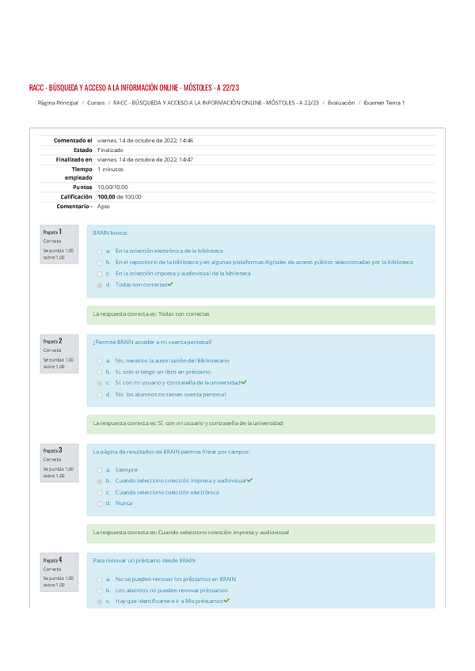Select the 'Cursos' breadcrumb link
pos(96,103)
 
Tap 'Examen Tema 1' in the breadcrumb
pos(384,103)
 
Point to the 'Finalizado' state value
pos(110,150)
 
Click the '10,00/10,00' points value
pos(112,187)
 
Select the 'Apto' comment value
pos(104,206)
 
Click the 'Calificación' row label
pos(73,196)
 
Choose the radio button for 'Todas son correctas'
pos(99,285)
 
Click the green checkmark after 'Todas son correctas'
pos(170,284)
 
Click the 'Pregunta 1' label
pos(53,233)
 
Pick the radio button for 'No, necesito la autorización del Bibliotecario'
pos(99,360)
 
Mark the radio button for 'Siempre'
pos(99,470)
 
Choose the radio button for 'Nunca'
pos(99,503)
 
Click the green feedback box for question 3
pos(260,533)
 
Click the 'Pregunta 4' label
pos(53,560)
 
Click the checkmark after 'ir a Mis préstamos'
pos(227,601)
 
